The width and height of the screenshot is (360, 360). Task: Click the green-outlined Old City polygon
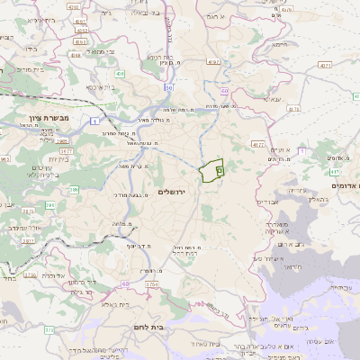(212, 170)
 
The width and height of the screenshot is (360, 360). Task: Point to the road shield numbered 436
(121, 73)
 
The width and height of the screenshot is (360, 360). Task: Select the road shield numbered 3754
(151, 284)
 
